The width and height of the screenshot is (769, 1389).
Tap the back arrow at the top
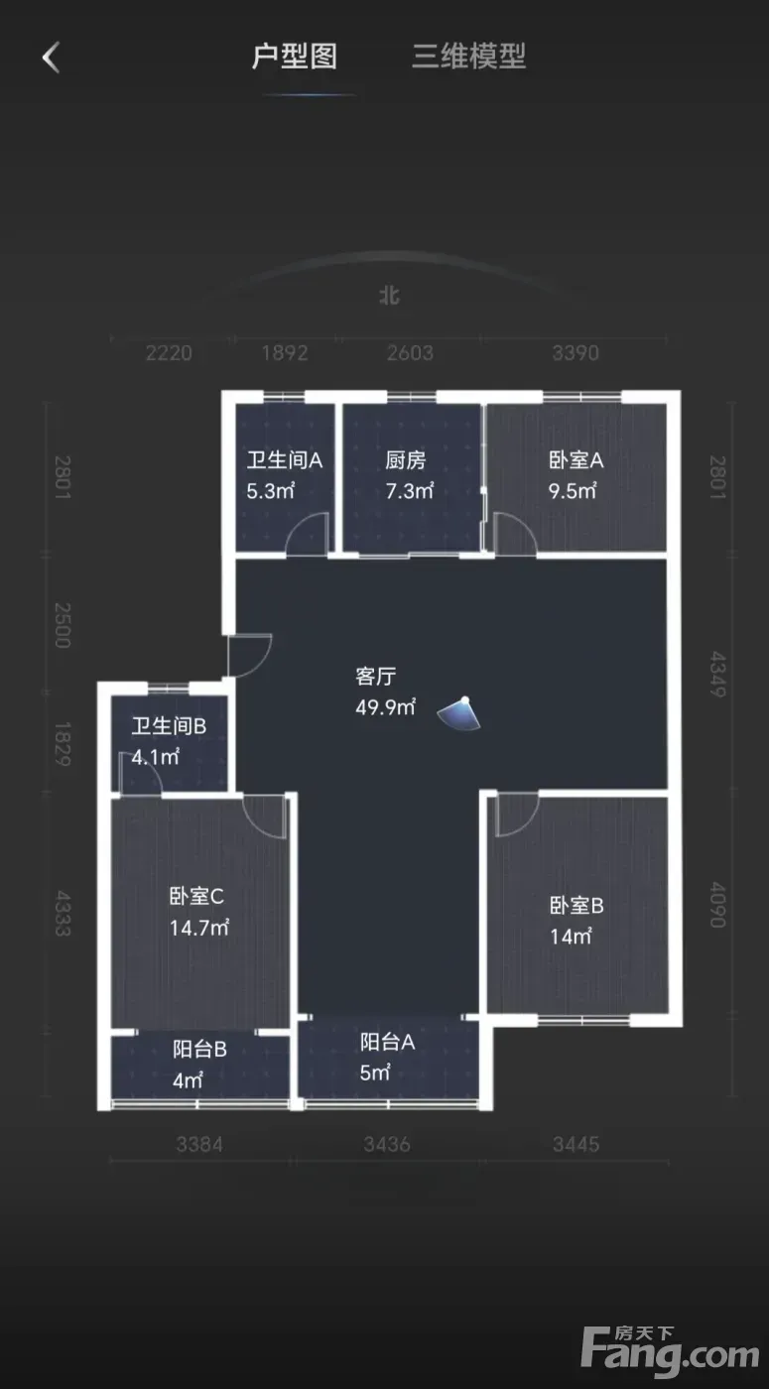coord(51,58)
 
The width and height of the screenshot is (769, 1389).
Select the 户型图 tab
coord(295,57)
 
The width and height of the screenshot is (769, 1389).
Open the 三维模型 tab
coord(468,57)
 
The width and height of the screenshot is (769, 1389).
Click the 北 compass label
coord(390,296)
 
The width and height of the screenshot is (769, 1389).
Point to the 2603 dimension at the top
coord(410,353)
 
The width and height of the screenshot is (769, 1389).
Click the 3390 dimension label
coord(576,353)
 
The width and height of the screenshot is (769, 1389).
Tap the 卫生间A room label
coord(285,460)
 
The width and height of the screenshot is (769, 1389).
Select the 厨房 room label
coord(406,460)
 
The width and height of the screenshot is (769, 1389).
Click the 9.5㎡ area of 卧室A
coord(573,491)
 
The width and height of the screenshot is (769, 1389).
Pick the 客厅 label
coord(376,676)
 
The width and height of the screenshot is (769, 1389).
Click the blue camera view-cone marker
coord(459,714)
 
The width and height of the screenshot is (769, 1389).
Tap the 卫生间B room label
coord(169,726)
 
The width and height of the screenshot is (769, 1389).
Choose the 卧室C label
coord(196,896)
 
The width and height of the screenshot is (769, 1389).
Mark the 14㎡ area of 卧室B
coord(572,937)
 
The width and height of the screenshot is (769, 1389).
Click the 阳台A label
coord(388,1042)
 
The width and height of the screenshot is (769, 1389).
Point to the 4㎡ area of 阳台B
coord(188,1080)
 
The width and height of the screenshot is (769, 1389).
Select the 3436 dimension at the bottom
coord(387,1144)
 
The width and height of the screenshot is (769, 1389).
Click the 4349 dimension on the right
coord(717,675)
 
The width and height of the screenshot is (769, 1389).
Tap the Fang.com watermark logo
coord(671,1349)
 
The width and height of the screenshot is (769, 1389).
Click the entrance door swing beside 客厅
coord(250,656)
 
